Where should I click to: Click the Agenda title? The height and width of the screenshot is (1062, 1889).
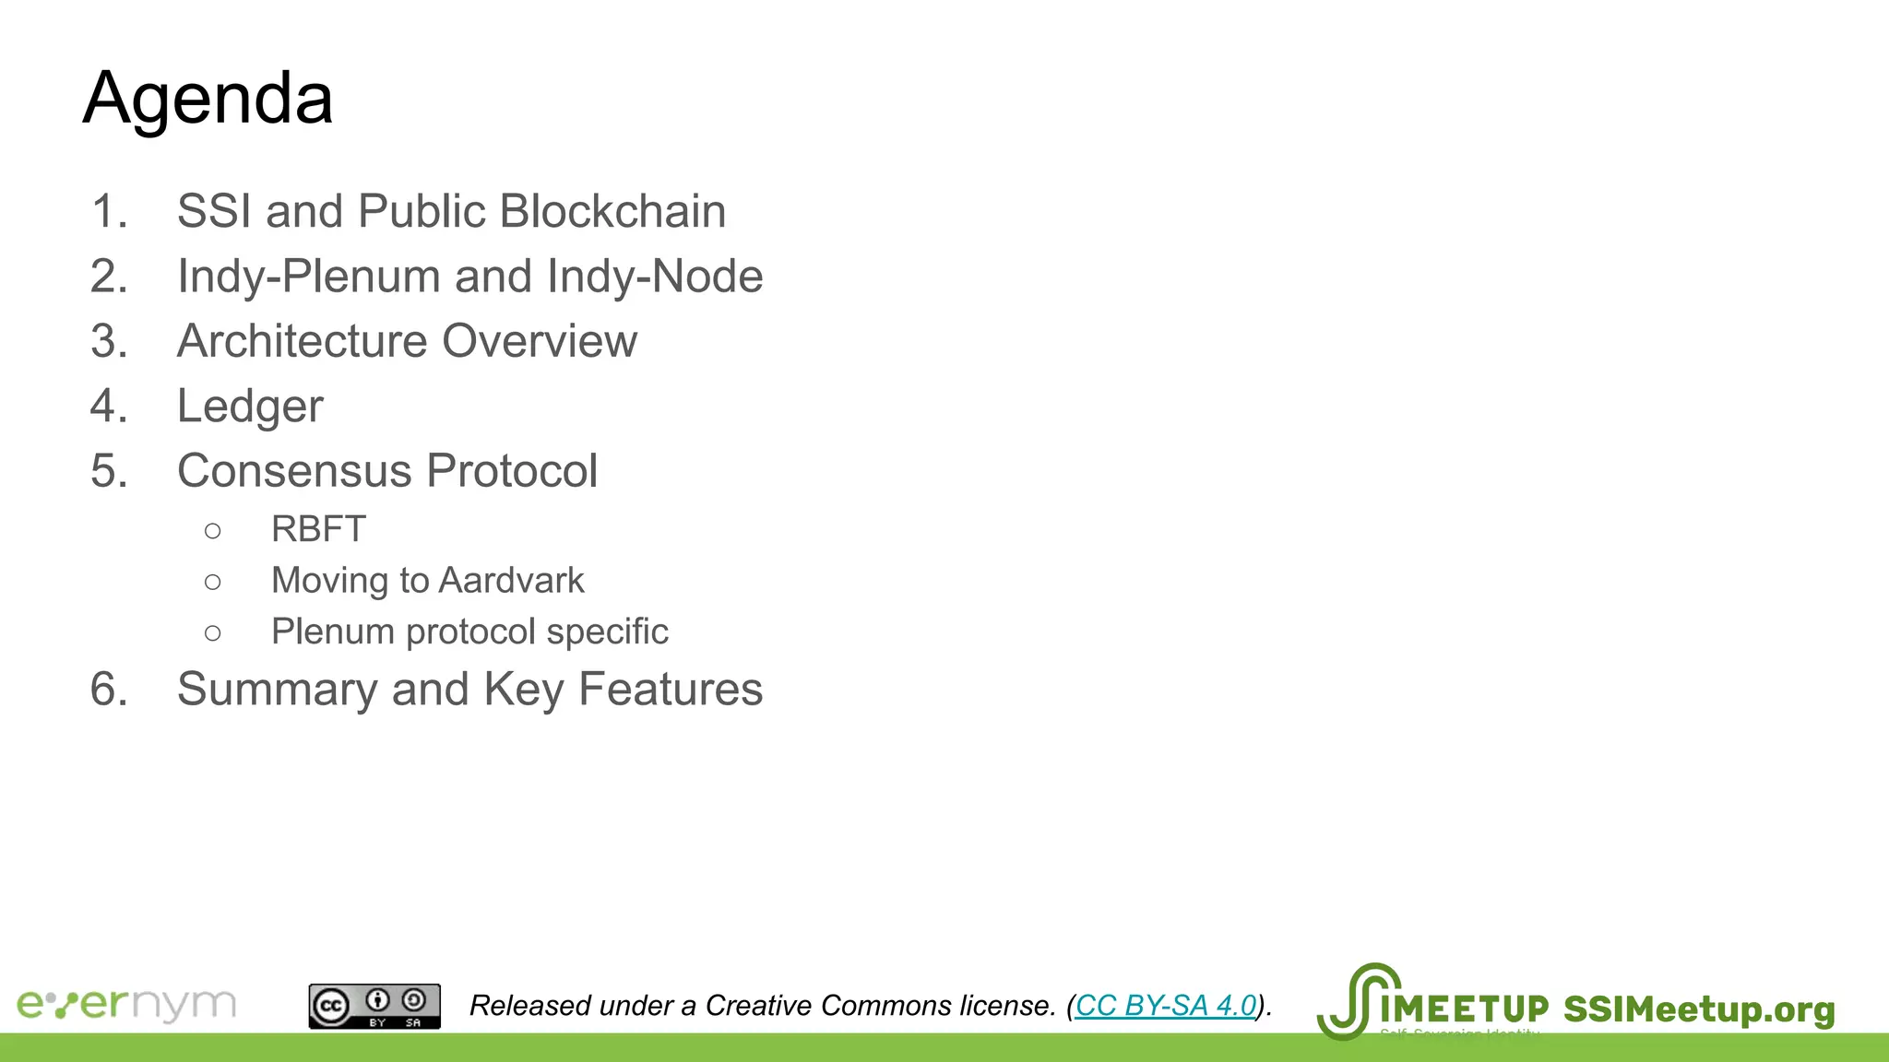(208, 98)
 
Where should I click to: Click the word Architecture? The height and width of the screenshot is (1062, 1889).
(303, 341)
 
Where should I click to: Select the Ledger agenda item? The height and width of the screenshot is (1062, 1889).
(250, 407)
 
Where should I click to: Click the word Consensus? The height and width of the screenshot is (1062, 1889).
(294, 471)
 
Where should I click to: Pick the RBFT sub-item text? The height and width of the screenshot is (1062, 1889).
(318, 529)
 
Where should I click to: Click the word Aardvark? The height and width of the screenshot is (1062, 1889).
(512, 581)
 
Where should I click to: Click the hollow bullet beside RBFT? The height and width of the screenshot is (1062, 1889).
(213, 530)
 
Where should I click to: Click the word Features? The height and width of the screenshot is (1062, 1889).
(671, 690)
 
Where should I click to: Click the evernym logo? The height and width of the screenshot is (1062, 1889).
(126, 1004)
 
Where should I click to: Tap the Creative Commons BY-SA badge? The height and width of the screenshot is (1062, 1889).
(374, 1006)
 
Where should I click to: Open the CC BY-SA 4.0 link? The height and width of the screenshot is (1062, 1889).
(1166, 1005)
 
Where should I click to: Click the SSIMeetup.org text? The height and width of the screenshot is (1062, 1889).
(1699, 1009)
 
